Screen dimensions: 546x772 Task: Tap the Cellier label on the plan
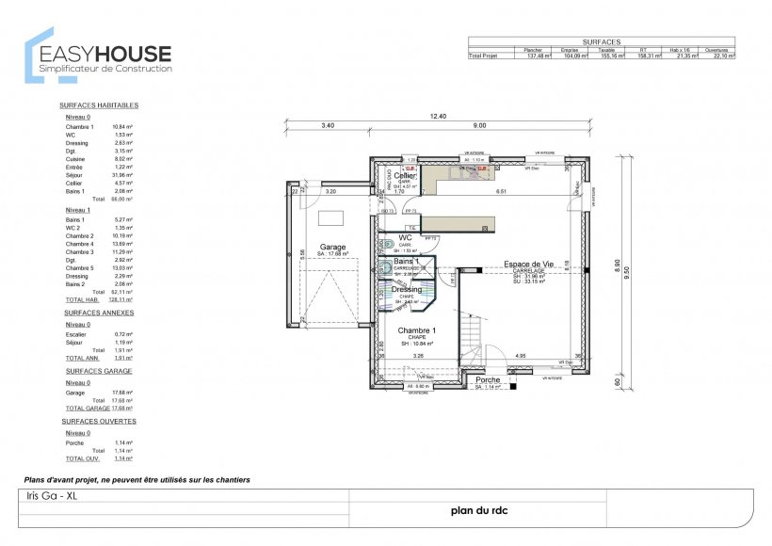(x=405, y=176)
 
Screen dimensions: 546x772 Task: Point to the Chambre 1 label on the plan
(x=416, y=330)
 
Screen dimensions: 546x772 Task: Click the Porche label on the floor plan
(x=489, y=380)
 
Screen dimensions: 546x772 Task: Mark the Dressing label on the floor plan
(x=407, y=290)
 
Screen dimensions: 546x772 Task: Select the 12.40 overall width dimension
(x=439, y=116)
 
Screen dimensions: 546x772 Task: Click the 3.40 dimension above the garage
(x=328, y=125)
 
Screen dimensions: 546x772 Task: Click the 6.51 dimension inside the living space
(x=502, y=191)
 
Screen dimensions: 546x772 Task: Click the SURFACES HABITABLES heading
(x=99, y=105)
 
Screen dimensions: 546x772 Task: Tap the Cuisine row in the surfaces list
(x=77, y=159)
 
